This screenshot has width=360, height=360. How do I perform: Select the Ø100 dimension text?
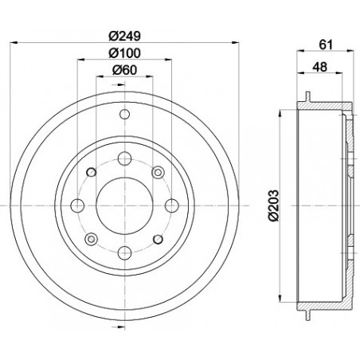point(124,53)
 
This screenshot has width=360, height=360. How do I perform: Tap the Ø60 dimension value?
point(124,70)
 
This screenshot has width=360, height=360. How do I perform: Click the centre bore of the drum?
point(125,205)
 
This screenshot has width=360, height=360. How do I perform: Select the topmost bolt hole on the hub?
point(125,158)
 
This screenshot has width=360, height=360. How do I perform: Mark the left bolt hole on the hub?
point(77,205)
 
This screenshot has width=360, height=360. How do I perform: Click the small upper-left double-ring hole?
point(91,171)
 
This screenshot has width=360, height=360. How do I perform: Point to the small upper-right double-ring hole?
point(158,171)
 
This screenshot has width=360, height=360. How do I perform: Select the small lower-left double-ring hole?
point(91,239)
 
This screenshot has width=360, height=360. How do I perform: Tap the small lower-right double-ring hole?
point(158,239)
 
